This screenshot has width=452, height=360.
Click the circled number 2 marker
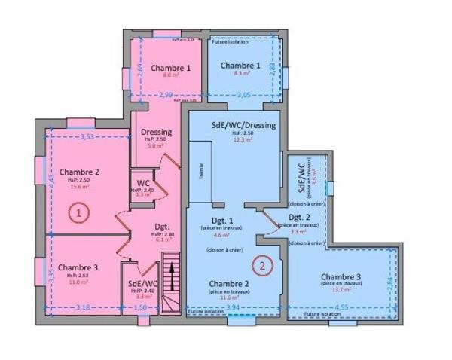262,264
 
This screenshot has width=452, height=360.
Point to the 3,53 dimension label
87,136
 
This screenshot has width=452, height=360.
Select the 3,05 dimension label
245,95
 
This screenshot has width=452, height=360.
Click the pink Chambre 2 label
79,172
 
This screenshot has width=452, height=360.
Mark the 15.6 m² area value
78,187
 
